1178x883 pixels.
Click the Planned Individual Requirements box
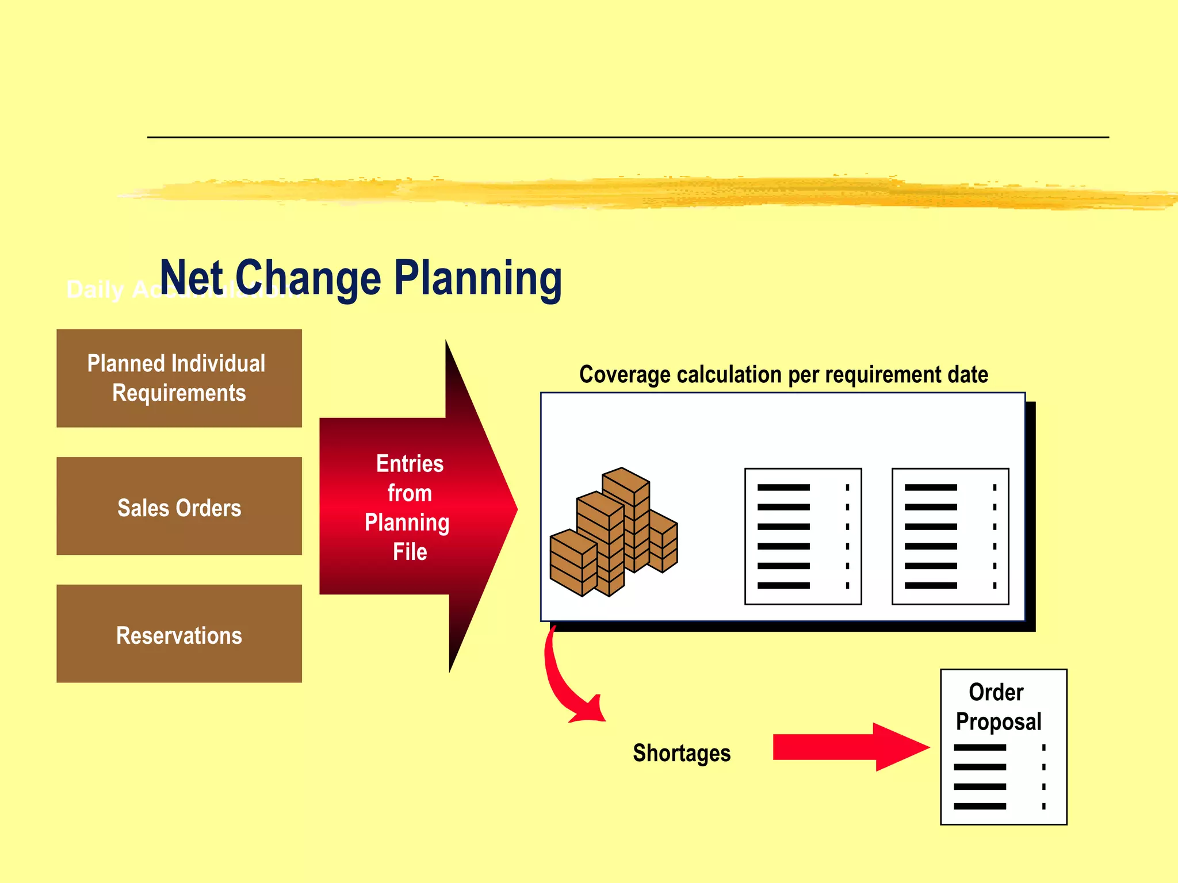179,378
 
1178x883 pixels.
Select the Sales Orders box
179,506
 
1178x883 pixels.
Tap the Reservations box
179,634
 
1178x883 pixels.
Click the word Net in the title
191,278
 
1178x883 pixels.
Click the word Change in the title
308,278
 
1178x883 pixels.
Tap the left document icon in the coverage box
803,536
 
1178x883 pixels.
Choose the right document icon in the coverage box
950,536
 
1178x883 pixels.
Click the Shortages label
682,753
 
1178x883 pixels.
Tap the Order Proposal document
1004,747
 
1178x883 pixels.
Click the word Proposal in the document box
999,722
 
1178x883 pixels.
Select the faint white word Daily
95,290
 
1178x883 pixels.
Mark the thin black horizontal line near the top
628,137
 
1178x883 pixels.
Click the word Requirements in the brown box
179,393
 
